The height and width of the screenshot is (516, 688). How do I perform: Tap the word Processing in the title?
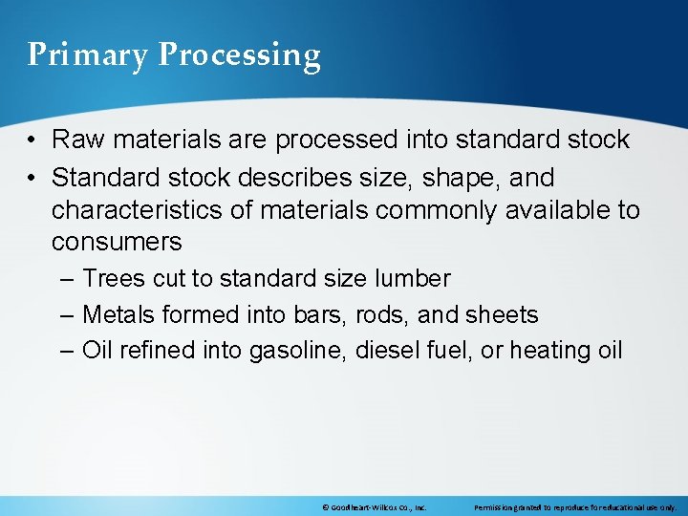239,55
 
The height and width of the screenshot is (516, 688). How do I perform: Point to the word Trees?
112,279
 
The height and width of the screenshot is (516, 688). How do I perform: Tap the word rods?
387,314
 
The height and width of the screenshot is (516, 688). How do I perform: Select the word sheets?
504,314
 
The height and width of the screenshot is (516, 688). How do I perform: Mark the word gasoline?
296,351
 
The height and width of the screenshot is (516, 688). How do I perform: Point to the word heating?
550,351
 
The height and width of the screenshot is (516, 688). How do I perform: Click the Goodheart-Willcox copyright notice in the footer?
375,506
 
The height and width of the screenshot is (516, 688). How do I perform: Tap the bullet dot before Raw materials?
32,140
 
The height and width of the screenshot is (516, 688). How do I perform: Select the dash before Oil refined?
65,351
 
